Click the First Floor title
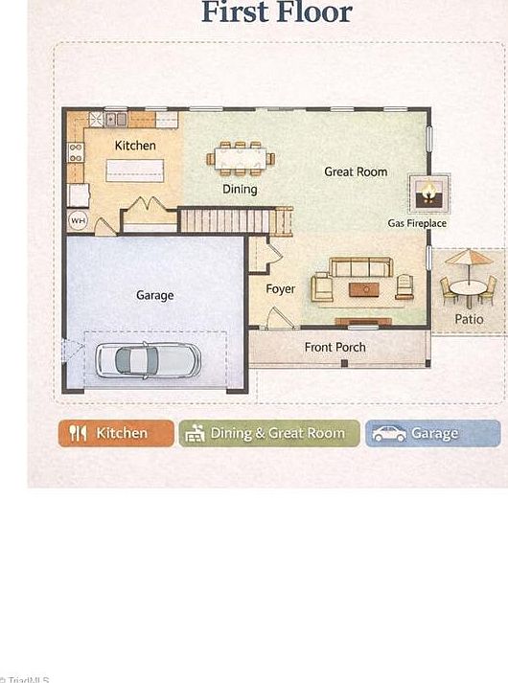276,12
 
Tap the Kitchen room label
135,146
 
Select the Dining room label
240,189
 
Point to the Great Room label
356,171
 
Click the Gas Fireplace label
417,223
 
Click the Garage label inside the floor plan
154,295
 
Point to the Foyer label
281,288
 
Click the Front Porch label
335,347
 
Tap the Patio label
469,319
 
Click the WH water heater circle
78,220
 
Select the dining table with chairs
241,157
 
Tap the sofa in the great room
360,267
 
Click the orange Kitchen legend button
116,434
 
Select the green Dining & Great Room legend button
269,434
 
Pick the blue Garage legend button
432,434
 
